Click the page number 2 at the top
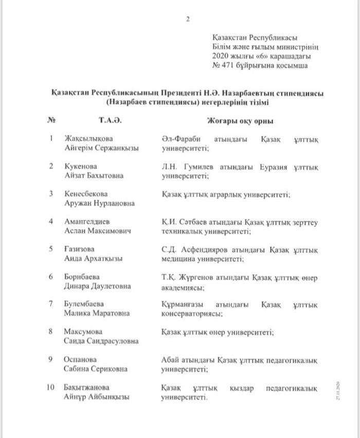pyautogui.click(x=188, y=20)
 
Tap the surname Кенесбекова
pyautogui.click(x=86, y=194)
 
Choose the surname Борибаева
pyautogui.click(x=81, y=277)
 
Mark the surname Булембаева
pyautogui.click(x=85, y=304)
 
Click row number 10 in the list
pyautogui.click(x=51, y=387)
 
